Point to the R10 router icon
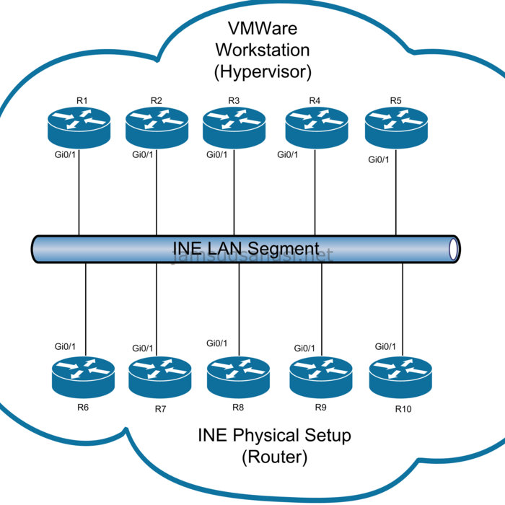pos(400,377)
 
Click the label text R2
pos(157,100)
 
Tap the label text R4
pos(315,100)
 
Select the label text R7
pos(160,410)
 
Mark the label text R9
pos(321,408)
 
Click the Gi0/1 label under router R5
pos(378,159)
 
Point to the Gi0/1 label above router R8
pos(216,343)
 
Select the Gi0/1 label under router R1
pos(65,154)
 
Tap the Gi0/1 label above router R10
pos(385,347)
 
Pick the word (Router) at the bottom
pos(274,457)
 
